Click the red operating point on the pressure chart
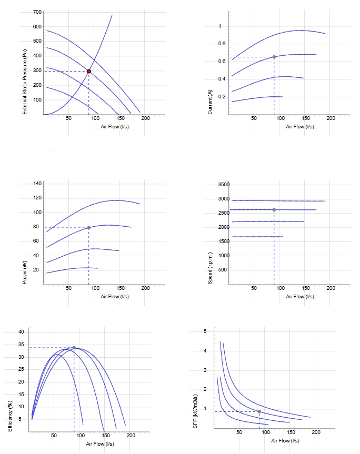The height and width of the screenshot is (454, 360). (x=89, y=71)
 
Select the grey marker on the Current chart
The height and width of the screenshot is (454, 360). (x=274, y=57)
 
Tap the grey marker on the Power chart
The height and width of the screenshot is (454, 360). (x=89, y=228)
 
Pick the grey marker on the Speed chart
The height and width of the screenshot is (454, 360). (x=274, y=209)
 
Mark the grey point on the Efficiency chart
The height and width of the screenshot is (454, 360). (x=74, y=348)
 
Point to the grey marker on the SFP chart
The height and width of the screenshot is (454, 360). (x=259, y=411)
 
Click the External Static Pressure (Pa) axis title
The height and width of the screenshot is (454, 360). (x=25, y=82)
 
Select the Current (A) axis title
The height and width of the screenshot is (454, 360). (x=210, y=102)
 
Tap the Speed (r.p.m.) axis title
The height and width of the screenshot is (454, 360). (x=210, y=268)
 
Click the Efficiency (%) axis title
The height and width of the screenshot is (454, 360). (x=10, y=416)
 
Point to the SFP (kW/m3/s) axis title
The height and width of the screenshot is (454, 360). (x=195, y=411)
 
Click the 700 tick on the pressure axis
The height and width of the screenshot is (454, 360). (x=37, y=12)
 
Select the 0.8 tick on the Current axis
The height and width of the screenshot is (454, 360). (x=222, y=44)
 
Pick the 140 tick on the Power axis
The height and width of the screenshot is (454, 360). (x=37, y=183)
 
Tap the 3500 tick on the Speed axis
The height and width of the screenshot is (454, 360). (x=224, y=185)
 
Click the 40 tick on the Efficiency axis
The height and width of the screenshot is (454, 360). (x=21, y=332)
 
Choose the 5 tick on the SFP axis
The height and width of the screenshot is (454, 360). (x=205, y=331)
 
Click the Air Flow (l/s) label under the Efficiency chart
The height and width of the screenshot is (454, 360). (x=100, y=444)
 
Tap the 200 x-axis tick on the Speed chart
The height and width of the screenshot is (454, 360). (x=331, y=288)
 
